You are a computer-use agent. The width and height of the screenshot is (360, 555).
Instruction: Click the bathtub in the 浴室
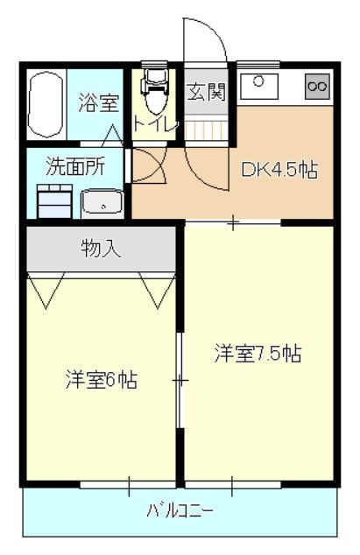click(x=46, y=105)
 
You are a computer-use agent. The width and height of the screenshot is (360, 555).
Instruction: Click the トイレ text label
click(x=155, y=124)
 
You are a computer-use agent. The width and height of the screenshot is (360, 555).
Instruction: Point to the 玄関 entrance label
click(x=206, y=92)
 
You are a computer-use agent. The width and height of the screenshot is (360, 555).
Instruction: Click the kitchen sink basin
click(x=259, y=87)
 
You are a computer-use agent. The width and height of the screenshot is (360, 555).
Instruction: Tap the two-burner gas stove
click(x=317, y=87)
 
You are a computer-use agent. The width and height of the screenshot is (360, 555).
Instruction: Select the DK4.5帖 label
click(x=279, y=170)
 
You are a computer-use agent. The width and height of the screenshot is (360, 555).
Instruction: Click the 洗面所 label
click(x=75, y=166)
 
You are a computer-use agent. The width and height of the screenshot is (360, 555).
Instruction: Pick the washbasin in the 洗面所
click(x=102, y=203)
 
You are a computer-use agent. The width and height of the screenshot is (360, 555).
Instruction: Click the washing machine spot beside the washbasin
click(x=54, y=201)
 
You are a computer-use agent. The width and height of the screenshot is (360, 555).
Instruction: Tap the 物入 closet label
click(x=101, y=249)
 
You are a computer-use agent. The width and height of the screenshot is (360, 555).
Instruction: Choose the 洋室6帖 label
click(x=102, y=380)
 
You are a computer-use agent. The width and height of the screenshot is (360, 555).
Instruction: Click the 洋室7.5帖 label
click(x=258, y=354)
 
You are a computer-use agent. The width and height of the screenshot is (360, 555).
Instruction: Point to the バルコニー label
click(x=180, y=510)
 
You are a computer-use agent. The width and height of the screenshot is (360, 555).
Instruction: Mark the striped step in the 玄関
click(x=206, y=130)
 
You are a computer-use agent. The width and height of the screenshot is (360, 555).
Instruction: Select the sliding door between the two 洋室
click(x=180, y=381)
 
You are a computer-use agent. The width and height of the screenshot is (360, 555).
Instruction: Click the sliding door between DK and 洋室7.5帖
click(x=233, y=222)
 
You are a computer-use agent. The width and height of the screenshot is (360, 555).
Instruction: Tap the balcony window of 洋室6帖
click(x=128, y=485)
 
